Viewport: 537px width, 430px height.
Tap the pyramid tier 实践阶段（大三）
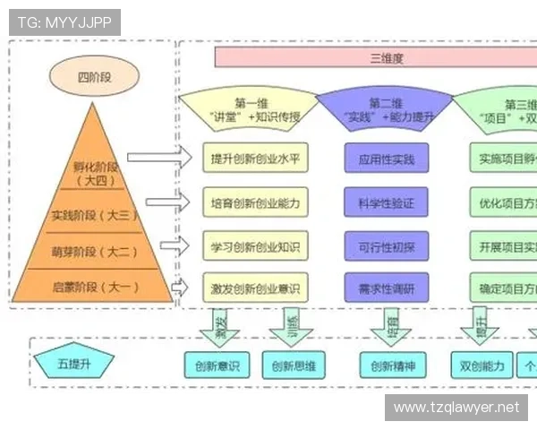90,215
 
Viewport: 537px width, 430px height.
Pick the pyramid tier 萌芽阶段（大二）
90,251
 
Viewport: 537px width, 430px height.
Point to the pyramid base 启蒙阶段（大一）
90,286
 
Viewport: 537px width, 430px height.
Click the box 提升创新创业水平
255,159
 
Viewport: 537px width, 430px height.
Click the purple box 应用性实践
387,159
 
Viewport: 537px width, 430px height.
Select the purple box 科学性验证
387,202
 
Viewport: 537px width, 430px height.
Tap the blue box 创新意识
217,365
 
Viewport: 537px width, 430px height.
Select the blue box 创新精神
394,365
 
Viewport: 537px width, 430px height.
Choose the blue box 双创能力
483,365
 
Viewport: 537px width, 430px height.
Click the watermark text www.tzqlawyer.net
456,408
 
